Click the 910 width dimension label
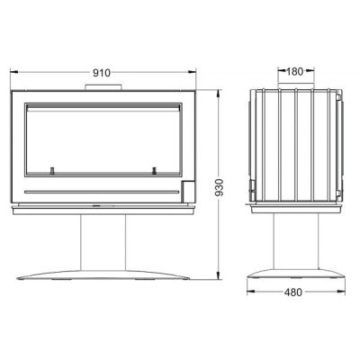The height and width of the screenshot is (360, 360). coord(102,73)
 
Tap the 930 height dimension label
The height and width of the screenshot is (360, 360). coord(220,187)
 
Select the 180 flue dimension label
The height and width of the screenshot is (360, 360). coord(295,71)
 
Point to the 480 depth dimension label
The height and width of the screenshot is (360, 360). coord(293,292)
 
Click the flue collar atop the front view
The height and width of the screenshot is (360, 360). coord(103,87)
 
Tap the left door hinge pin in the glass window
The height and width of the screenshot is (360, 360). coord(52,170)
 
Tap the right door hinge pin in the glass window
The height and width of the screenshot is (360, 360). coord(155,170)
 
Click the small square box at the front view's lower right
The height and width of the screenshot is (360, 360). coord(189,191)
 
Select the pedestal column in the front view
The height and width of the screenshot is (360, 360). coord(103,243)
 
